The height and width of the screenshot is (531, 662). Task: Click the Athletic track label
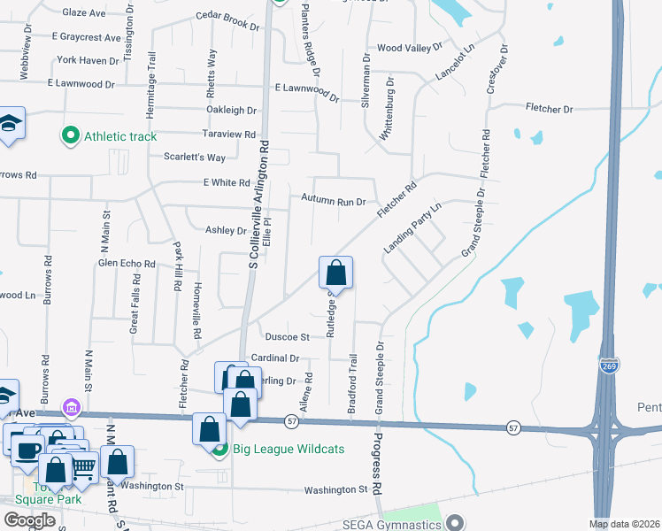click(120, 136)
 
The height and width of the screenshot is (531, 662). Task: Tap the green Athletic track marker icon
click(70, 136)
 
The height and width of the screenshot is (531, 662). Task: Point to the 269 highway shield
click(610, 365)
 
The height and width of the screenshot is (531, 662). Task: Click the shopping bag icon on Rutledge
click(336, 271)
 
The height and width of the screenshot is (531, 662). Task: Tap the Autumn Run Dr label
click(333, 202)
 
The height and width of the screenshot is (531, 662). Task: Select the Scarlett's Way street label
click(195, 158)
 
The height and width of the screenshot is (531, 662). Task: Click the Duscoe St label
click(287, 337)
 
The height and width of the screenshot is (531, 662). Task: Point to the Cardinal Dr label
click(275, 358)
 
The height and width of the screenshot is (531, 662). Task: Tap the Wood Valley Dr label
click(408, 48)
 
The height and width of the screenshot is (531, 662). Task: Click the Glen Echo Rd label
click(127, 264)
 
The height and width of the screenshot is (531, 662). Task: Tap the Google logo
click(29, 520)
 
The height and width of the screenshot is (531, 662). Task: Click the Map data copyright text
click(625, 524)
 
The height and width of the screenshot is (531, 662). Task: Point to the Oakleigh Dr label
click(231, 111)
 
